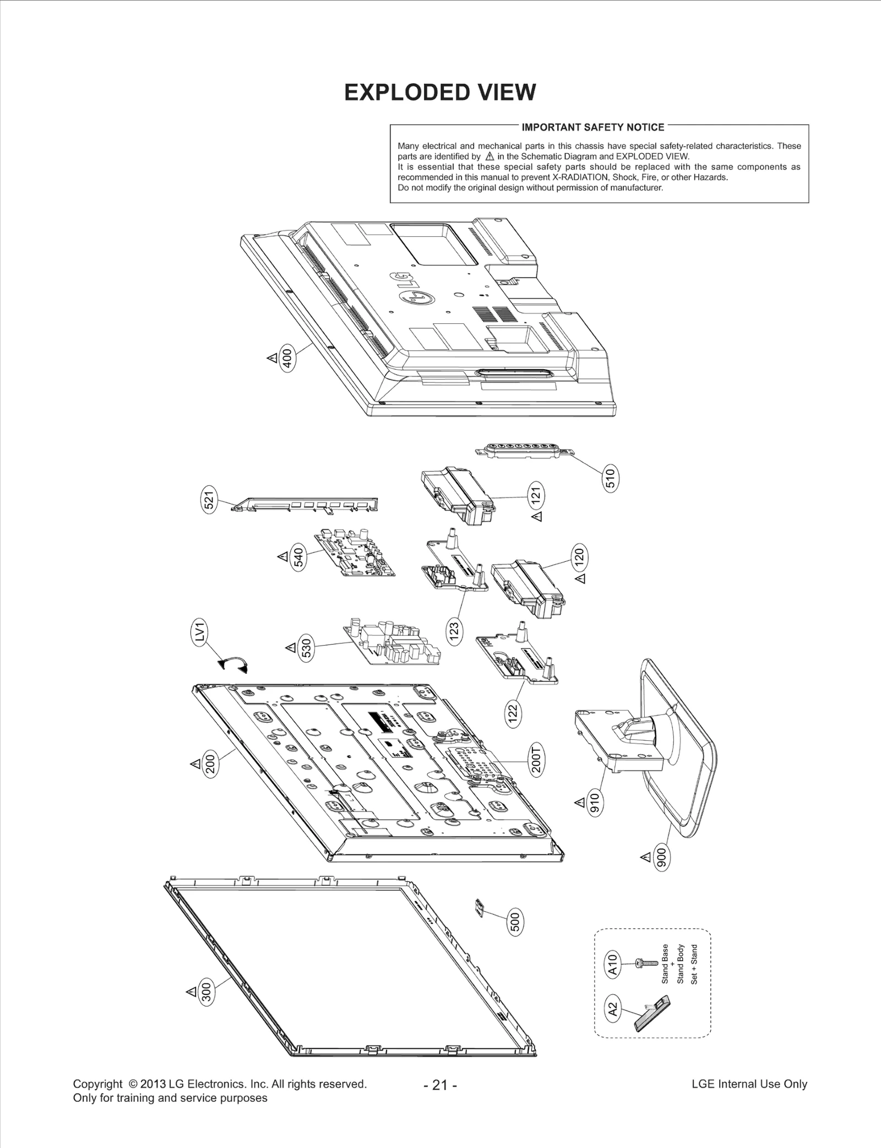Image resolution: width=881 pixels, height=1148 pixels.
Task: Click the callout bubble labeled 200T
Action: (x=537, y=759)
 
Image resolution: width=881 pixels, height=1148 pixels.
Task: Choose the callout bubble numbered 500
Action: (x=515, y=922)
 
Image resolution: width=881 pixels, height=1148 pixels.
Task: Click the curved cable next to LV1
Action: (x=233, y=663)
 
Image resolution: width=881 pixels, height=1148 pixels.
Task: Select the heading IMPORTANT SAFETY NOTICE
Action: (x=592, y=127)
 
